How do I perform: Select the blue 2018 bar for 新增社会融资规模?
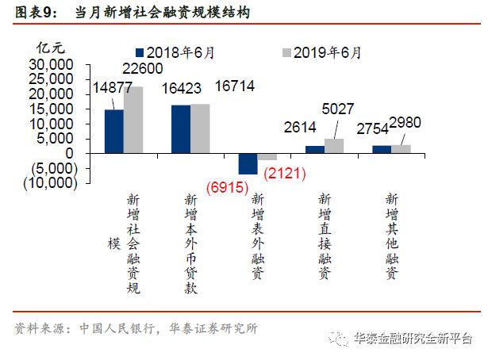click(113, 131)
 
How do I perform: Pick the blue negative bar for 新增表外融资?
click(248, 163)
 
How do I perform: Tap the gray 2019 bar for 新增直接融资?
click(334, 146)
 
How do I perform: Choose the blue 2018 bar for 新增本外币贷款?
click(181, 128)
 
